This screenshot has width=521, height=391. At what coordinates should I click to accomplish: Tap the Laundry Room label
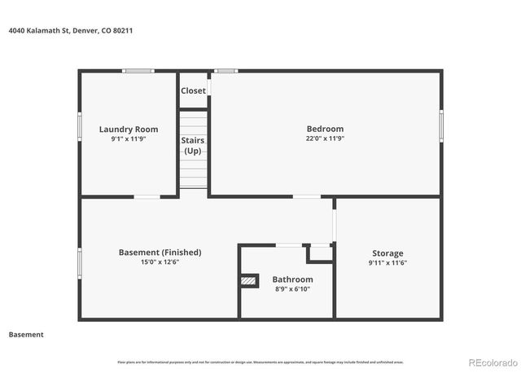(129, 130)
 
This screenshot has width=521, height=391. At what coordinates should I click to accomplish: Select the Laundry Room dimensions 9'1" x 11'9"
(129, 138)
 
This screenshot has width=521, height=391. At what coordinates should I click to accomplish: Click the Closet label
(193, 91)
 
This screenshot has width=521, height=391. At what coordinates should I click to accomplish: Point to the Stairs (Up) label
(193, 146)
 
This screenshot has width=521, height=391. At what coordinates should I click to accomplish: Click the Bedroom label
(325, 129)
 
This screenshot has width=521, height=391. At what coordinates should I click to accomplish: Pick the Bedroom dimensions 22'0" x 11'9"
(325, 138)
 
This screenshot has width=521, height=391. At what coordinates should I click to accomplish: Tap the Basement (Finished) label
(159, 253)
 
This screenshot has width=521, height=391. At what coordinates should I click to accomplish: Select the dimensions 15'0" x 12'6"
(159, 261)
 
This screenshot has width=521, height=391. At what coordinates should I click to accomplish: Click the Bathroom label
(292, 279)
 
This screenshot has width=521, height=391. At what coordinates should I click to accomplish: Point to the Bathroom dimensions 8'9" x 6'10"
(292, 288)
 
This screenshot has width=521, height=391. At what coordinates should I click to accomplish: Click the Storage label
(387, 253)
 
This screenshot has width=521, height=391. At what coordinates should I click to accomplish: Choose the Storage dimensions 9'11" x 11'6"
(387, 262)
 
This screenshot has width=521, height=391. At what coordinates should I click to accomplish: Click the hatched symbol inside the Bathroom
(248, 280)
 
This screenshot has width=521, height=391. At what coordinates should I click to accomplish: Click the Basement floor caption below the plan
(26, 335)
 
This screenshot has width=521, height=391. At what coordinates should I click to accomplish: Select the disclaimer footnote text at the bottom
(260, 362)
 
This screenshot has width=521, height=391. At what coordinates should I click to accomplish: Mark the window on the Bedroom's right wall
(441, 126)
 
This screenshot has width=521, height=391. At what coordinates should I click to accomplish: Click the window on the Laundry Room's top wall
(138, 71)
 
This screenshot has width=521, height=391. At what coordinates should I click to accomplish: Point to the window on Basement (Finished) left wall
(80, 262)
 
